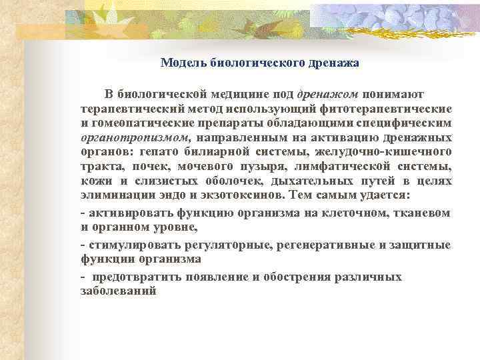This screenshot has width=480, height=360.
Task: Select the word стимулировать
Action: [129, 245]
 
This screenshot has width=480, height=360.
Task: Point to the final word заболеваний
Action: [117, 291]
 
